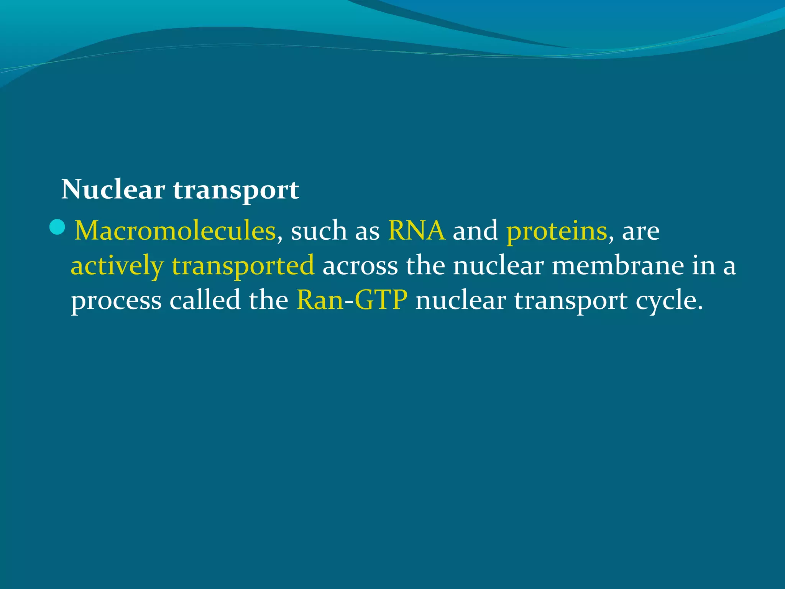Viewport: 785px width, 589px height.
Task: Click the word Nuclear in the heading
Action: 113,189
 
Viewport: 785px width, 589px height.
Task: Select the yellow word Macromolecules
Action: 175,231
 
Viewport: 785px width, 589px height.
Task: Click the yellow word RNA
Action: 416,231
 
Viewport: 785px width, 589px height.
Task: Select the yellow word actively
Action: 117,266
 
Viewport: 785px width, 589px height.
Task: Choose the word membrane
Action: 617,265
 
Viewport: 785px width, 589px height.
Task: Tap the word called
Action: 205,300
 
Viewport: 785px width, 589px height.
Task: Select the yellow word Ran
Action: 320,300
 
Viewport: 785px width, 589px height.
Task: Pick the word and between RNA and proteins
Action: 475,231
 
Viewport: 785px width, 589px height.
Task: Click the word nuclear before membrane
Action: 498,266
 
